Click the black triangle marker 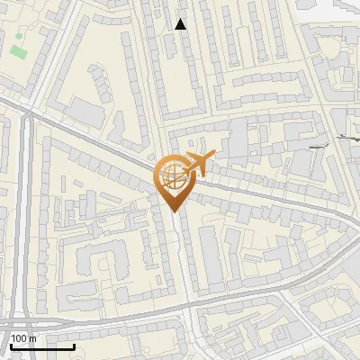point(181,24)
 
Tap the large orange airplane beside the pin point(197,164)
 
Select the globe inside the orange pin point(172,176)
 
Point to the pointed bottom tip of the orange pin point(173,211)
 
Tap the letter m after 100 point(32,338)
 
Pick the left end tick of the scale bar point(10,345)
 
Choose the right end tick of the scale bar point(74,345)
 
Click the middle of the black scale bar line point(42,346)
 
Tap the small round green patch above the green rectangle point(17,37)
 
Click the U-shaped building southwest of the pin point(99,265)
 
